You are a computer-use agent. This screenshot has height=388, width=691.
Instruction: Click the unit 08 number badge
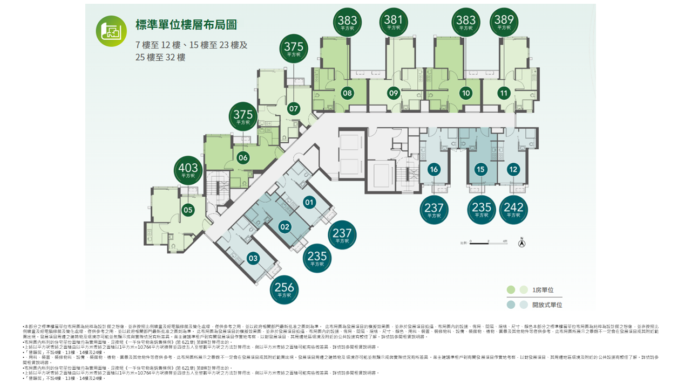tap(347, 93)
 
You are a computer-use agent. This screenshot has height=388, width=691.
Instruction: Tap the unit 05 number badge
tap(188, 210)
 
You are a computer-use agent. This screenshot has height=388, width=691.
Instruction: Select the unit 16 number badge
tap(434, 170)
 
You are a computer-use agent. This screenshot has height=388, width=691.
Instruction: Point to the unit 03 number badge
tap(253, 259)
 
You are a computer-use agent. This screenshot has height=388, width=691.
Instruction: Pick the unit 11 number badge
tap(504, 93)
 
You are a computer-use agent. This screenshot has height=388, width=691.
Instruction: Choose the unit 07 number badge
tap(293, 109)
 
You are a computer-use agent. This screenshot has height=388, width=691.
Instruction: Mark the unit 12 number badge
tap(513, 170)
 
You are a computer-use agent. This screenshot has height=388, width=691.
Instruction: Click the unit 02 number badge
tap(284, 227)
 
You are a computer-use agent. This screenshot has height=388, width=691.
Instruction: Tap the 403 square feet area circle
tap(188, 170)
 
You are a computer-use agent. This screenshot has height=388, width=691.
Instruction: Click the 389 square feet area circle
tap(504, 23)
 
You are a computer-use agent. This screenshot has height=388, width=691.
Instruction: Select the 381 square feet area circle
tap(394, 23)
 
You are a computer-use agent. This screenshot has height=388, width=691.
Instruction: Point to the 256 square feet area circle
tap(284, 289)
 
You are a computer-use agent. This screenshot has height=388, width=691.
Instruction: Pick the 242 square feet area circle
tap(513, 210)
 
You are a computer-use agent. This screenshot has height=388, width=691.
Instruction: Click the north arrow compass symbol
tap(521, 242)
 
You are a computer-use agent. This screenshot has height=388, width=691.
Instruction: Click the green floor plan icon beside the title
tap(111, 31)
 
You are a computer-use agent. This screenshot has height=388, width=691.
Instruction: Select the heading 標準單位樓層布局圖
tap(186, 25)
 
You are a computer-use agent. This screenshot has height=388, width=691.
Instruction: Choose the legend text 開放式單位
tap(547, 305)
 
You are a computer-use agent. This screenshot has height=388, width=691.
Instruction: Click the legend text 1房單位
tap(543, 290)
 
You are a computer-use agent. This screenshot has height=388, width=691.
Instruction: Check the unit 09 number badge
tap(394, 93)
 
